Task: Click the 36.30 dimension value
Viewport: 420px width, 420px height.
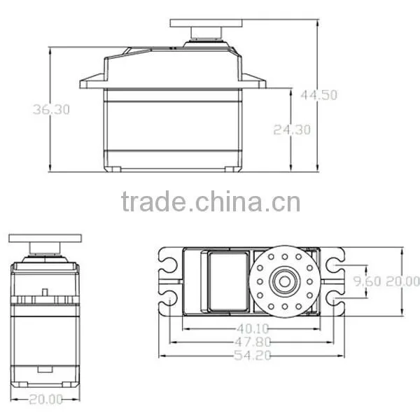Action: (x=51, y=110)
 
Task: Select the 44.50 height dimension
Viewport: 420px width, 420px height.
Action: (x=318, y=95)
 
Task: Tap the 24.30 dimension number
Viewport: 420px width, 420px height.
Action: (x=292, y=130)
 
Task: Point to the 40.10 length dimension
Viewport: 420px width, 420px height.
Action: (x=253, y=328)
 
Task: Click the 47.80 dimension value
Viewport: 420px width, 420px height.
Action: (x=253, y=342)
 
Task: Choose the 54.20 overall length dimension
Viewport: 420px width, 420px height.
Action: (x=253, y=356)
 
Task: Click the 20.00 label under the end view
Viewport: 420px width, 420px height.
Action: (x=45, y=400)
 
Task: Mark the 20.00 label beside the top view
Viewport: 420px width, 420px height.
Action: (x=402, y=281)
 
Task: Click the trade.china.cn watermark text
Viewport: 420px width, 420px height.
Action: (x=211, y=202)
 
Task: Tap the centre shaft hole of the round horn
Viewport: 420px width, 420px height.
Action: (x=284, y=281)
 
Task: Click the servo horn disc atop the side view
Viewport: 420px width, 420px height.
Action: (x=206, y=23)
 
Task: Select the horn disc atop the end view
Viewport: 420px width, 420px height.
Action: (x=45, y=238)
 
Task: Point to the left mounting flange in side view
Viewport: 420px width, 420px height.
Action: (x=92, y=81)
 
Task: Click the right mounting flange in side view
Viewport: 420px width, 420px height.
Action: (x=254, y=81)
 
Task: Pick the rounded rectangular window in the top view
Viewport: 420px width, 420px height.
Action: (x=228, y=282)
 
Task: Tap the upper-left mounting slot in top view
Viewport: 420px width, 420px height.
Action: (x=169, y=263)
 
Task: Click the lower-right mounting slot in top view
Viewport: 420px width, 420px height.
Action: (x=335, y=297)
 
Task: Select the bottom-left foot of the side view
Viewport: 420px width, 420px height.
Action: (x=113, y=169)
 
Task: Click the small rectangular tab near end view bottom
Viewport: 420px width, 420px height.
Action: (x=45, y=370)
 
